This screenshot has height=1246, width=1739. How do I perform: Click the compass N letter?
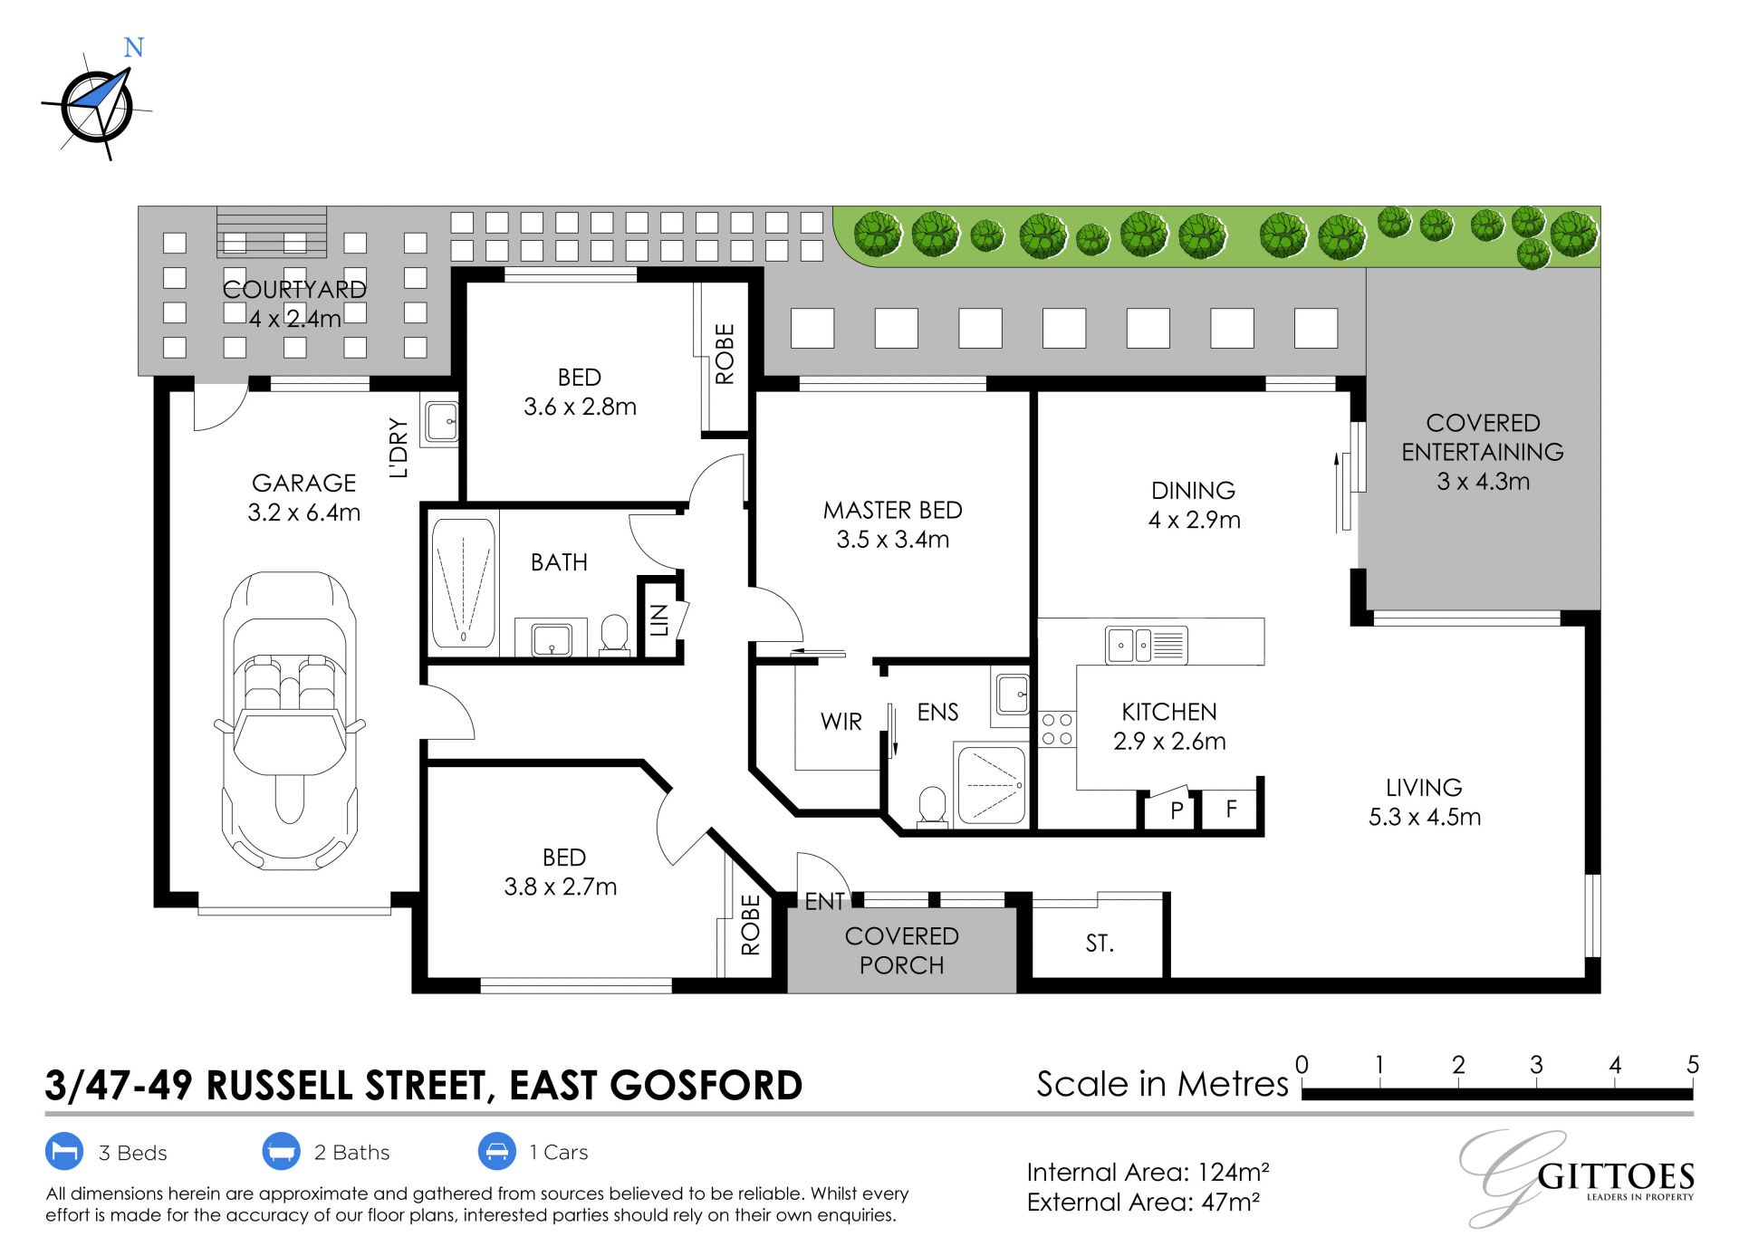pyautogui.click(x=134, y=47)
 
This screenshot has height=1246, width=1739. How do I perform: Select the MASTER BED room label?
pyautogui.click(x=892, y=510)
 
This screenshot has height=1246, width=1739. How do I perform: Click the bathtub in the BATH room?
pyautogui.click(x=463, y=581)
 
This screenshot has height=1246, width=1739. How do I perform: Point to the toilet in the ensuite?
pyautogui.click(x=932, y=806)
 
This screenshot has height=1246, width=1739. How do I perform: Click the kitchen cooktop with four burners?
pyautogui.click(x=1057, y=729)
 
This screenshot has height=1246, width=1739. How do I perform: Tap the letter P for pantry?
pyautogui.click(x=1177, y=810)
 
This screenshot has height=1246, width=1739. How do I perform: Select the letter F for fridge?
pyautogui.click(x=1232, y=808)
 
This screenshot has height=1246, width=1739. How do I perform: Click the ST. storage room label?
pyautogui.click(x=1100, y=944)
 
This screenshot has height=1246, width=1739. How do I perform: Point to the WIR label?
pyautogui.click(x=841, y=722)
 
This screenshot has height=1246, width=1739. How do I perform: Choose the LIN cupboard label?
pyautogui.click(x=659, y=620)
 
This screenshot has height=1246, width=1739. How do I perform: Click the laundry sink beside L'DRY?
pyautogui.click(x=442, y=421)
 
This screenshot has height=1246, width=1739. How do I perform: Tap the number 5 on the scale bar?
pyautogui.click(x=1692, y=1065)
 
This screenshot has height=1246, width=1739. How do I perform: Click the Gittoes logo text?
pyautogui.click(x=1616, y=1176)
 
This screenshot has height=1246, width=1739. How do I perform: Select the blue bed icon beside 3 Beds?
pyautogui.click(x=64, y=1152)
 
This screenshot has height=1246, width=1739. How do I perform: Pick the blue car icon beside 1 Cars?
pyautogui.click(x=496, y=1152)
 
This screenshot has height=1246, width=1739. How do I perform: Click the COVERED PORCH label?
pyautogui.click(x=901, y=951)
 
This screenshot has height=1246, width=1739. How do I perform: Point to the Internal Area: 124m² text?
pyautogui.click(x=1148, y=1173)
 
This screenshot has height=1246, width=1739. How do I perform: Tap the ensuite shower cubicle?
pyautogui.click(x=992, y=784)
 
